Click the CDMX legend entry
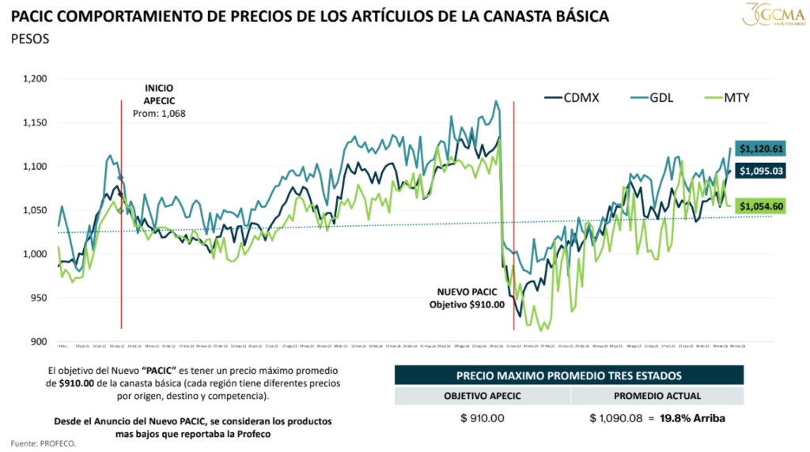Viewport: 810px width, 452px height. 574,97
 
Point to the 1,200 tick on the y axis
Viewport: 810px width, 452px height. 36,79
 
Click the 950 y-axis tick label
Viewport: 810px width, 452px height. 39,298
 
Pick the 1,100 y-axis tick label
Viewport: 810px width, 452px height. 36,167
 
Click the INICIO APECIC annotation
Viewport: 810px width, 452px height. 158,93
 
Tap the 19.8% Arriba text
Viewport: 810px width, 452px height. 693,417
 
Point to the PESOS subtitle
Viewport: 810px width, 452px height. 31,39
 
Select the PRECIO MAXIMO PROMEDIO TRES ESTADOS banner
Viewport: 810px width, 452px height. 568,375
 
